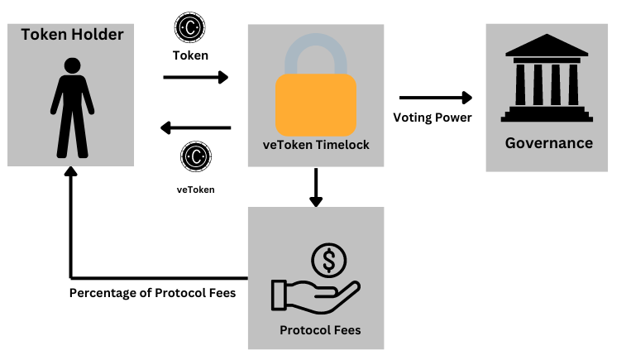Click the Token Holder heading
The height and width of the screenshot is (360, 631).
click(72, 35)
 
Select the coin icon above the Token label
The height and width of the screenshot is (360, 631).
click(189, 27)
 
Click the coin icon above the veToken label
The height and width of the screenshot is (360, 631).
click(196, 156)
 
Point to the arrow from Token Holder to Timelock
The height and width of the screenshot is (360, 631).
click(195, 77)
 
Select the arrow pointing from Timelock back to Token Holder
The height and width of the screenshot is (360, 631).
click(195, 127)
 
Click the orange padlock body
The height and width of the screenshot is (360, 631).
click(316, 104)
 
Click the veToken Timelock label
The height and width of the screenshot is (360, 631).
click(316, 145)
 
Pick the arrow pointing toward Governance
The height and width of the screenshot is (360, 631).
click(435, 98)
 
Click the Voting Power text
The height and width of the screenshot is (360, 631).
click(433, 118)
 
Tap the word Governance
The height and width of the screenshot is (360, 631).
click(549, 143)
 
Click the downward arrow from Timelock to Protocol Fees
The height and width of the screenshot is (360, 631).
click(315, 188)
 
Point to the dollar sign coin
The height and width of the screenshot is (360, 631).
click(328, 262)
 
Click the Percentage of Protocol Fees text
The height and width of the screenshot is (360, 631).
click(152, 293)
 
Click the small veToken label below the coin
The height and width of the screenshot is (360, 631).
click(195, 190)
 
